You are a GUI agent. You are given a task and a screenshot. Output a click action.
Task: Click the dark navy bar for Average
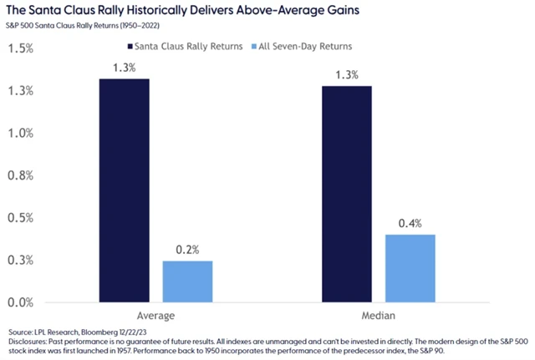click(x=125, y=190)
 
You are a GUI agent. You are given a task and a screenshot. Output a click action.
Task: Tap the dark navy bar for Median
click(x=347, y=193)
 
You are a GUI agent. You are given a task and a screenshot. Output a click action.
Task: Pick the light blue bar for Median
click(x=410, y=267)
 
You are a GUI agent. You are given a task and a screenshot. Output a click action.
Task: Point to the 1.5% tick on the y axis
click(x=20, y=48)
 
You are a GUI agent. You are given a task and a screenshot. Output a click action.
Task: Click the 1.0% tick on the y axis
click(x=20, y=133)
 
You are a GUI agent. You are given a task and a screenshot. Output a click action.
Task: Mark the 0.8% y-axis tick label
click(x=20, y=175)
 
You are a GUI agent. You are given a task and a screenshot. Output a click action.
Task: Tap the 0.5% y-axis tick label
click(x=20, y=218)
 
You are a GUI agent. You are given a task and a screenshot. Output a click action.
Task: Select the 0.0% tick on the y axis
click(x=20, y=302)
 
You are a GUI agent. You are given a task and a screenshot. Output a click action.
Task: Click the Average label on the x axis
click(x=155, y=317)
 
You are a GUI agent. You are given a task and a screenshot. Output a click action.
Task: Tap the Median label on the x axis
click(x=379, y=317)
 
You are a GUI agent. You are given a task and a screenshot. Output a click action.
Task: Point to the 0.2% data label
click(x=187, y=248)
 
